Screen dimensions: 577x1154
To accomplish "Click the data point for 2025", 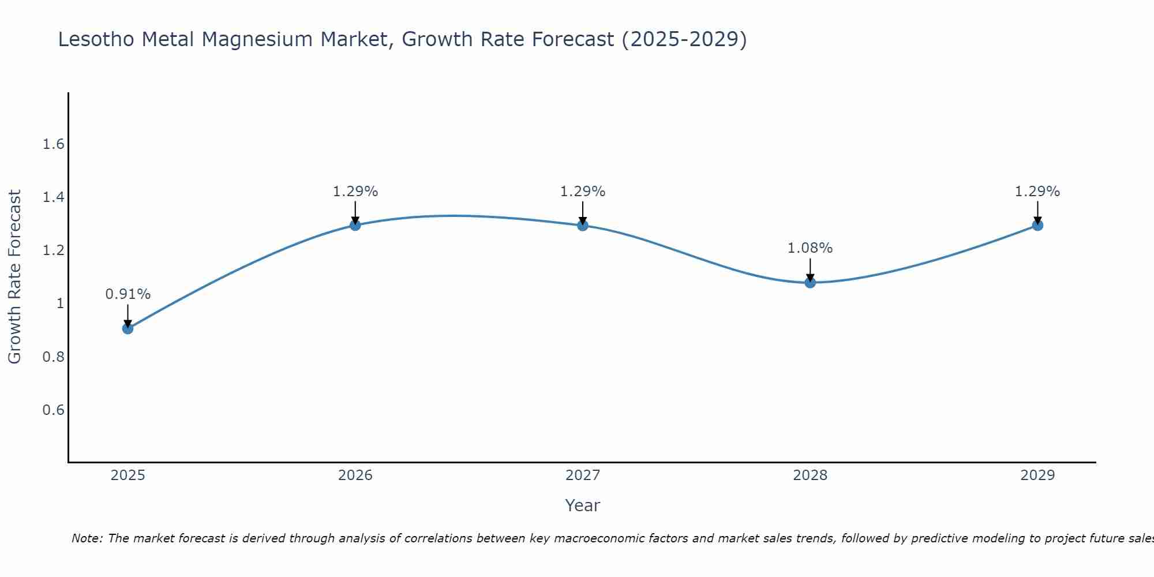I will (x=128, y=328).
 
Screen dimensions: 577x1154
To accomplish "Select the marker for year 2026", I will (x=355, y=225).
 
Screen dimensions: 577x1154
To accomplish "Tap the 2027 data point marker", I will (x=583, y=225).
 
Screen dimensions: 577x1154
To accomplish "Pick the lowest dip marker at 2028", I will (x=810, y=282).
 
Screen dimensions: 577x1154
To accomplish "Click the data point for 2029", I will (x=1037, y=225).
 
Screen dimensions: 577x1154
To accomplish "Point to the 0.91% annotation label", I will (x=128, y=294).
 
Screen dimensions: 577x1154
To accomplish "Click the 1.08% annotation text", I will (x=810, y=248).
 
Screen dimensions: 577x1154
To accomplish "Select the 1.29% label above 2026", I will (x=355, y=192).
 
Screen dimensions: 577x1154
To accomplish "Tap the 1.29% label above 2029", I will (x=1037, y=192).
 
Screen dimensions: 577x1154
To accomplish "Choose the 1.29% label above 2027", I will (x=583, y=192).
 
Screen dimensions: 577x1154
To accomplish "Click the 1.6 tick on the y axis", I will (x=53, y=144).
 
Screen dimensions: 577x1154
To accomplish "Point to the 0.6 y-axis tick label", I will (x=53, y=410).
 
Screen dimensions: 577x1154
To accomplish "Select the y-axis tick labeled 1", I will (x=60, y=304).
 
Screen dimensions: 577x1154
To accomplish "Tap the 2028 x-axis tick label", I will (x=810, y=475).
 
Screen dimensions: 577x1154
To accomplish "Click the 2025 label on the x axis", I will (x=128, y=475).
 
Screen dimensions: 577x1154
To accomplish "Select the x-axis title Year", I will (x=583, y=505).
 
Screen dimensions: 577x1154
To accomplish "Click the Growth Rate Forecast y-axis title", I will (x=14, y=277).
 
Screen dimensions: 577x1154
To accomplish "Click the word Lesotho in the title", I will (x=96, y=39).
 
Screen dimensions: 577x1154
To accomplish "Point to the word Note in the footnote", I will (x=87, y=538).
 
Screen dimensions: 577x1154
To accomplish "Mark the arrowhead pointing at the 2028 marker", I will (x=810, y=277).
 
